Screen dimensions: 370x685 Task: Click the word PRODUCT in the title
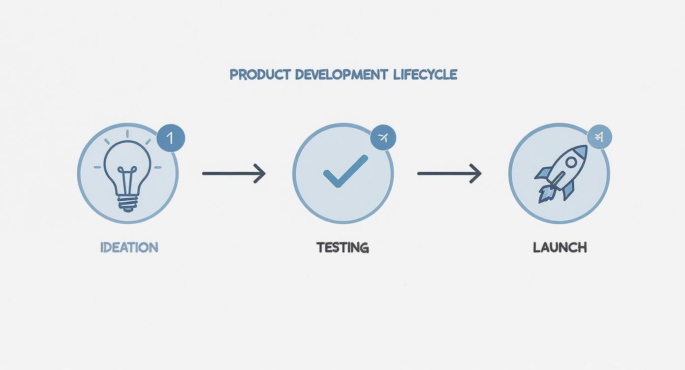click(259, 75)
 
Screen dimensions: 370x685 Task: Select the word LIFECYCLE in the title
click(426, 75)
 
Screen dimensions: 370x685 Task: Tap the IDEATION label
click(129, 247)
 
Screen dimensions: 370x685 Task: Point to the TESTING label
click(342, 247)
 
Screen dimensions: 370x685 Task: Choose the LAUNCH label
click(560, 247)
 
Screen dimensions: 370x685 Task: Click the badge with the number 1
click(171, 138)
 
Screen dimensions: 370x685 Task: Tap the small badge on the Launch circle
click(599, 137)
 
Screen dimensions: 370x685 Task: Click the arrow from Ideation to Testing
click(234, 173)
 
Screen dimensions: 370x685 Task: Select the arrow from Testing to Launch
click(449, 173)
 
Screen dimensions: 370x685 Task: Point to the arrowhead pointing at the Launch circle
click(476, 173)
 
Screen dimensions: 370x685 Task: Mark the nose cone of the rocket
click(582, 151)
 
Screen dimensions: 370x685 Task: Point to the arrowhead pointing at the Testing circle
click(260, 173)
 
